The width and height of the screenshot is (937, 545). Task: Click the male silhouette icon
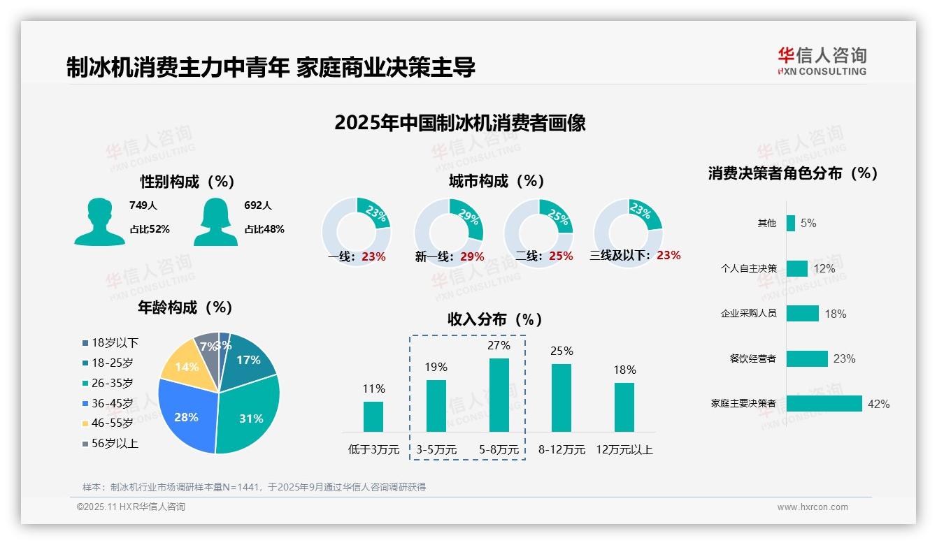(99, 222)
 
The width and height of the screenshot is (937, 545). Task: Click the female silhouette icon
(215, 222)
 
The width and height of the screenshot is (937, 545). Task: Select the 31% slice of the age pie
(248, 412)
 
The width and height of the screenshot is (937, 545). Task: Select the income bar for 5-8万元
(499, 395)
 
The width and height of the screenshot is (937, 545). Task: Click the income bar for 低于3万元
(373, 416)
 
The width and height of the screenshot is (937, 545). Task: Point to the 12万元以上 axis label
(624, 450)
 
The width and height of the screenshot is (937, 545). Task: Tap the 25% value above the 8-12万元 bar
(562, 351)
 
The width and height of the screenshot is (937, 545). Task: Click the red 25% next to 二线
(561, 256)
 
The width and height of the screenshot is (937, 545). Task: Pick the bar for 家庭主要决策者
(824, 404)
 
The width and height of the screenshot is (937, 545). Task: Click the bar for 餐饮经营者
(807, 358)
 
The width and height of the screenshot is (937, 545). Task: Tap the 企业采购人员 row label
(748, 314)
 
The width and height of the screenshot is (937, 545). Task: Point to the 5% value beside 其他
(808, 224)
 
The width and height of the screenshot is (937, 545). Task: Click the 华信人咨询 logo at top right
(822, 61)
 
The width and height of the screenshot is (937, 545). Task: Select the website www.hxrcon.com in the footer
(813, 507)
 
